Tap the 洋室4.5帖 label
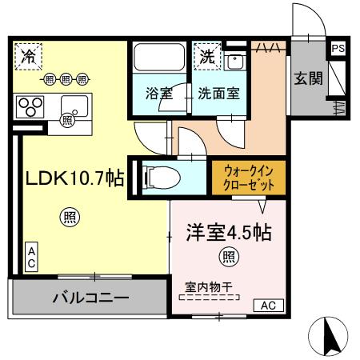pos(229,234)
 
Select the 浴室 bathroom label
pos(158,93)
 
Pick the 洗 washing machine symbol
pos(207,57)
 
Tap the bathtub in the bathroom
pos(159,58)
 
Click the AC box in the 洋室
pos(267,305)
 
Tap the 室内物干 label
pos(209,285)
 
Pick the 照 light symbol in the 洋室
pos(228,258)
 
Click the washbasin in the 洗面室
pos(236,61)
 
